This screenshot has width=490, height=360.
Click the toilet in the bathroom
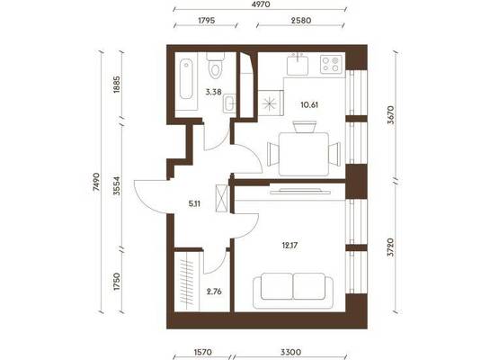215,66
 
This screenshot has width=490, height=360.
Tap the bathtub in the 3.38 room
186,79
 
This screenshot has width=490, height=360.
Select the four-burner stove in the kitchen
331,64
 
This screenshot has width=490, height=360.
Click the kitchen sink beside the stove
298,64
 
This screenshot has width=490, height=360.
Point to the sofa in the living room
293,291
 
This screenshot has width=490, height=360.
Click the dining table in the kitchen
303,154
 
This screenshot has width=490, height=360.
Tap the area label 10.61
309,104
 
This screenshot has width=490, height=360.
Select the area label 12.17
290,246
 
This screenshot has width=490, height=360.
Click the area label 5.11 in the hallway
194,204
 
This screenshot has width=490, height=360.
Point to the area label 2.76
214,292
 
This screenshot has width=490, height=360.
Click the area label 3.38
213,92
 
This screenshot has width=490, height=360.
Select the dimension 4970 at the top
261,4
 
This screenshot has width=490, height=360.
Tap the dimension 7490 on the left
96,182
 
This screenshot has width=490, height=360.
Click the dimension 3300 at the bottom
290,353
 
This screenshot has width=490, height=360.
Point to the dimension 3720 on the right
390,247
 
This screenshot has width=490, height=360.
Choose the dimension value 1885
117,85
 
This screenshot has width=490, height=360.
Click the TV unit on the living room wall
300,191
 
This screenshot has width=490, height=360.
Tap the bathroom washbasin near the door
229,103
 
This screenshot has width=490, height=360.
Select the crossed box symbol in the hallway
222,199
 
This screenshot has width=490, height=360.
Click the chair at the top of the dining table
305,127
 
